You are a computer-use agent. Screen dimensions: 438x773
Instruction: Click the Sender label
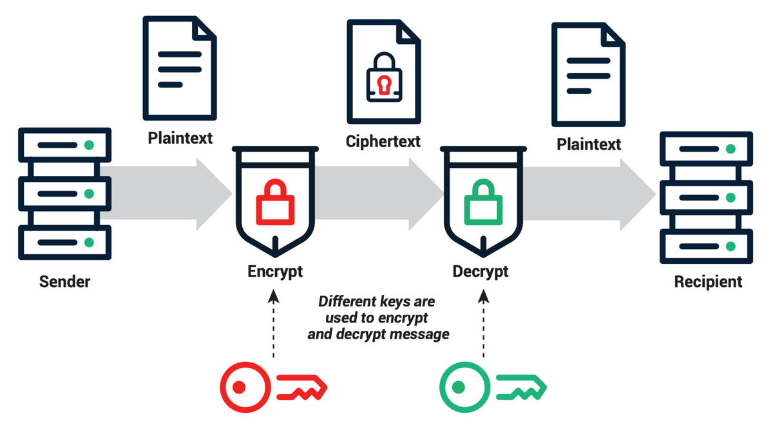pyautogui.click(x=64, y=281)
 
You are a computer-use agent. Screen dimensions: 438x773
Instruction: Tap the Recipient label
pyautogui.click(x=708, y=281)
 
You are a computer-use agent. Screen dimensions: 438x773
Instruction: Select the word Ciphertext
pyautogui.click(x=383, y=141)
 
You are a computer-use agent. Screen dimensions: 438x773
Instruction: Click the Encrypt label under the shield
pyautogui.click(x=275, y=271)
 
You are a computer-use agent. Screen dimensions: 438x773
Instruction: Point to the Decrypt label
pyautogui.click(x=480, y=271)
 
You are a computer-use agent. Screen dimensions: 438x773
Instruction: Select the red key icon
pyautogui.click(x=274, y=387)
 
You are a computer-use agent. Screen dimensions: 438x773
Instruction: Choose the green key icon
pyautogui.click(x=493, y=387)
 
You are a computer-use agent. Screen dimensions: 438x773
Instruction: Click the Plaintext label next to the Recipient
pyautogui.click(x=589, y=143)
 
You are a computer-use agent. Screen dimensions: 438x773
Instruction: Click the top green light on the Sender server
pyautogui.click(x=90, y=144)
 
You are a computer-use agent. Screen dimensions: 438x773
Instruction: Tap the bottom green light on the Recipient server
pyautogui.click(x=730, y=246)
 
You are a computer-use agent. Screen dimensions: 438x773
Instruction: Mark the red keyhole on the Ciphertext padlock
pyautogui.click(x=383, y=85)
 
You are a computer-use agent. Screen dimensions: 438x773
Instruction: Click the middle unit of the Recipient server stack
pyautogui.click(x=706, y=197)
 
